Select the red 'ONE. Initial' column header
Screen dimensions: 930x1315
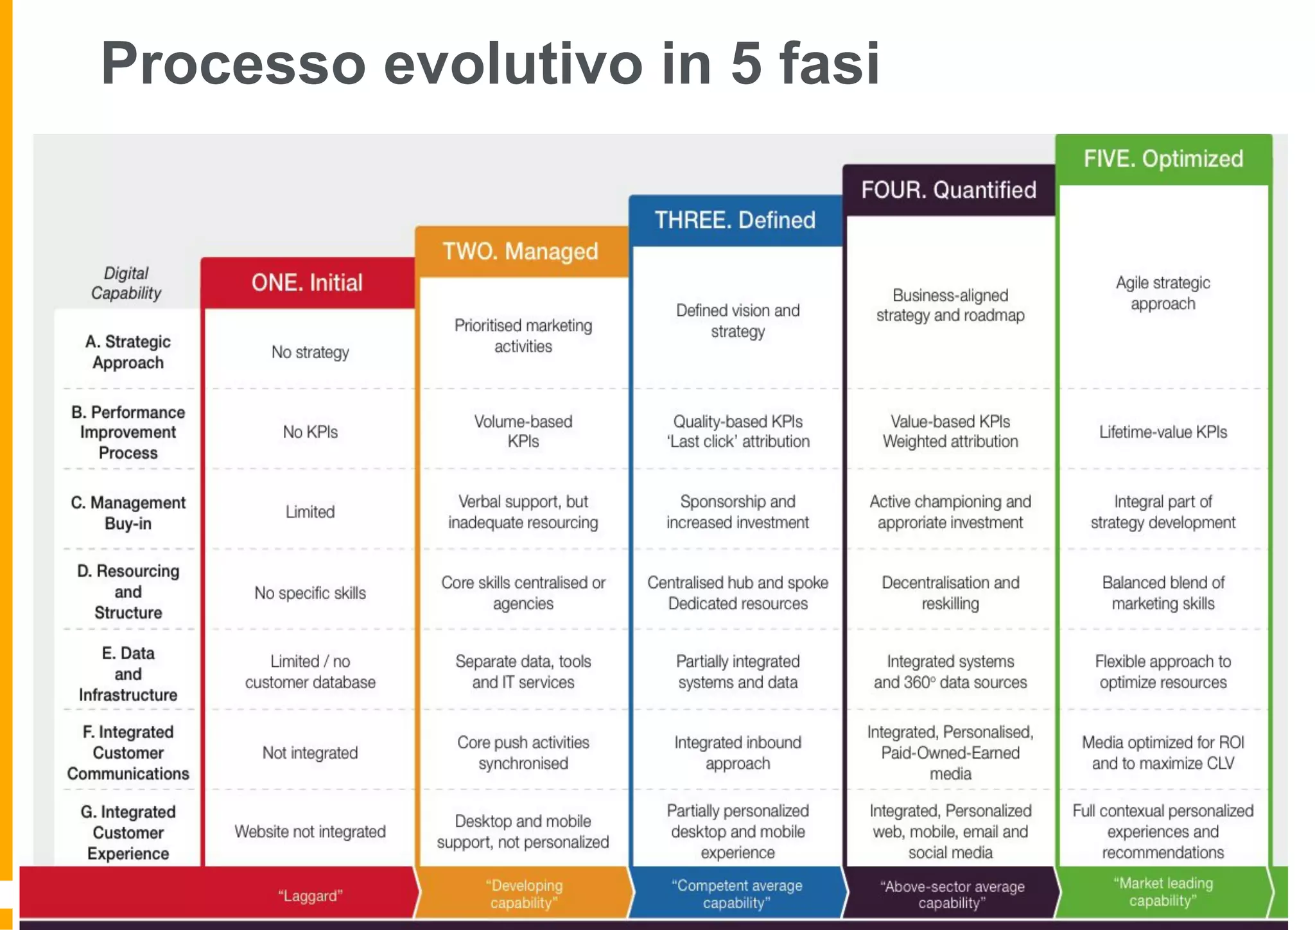coord(307,282)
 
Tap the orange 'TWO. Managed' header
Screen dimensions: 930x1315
coord(520,251)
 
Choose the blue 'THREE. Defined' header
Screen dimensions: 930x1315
coord(735,220)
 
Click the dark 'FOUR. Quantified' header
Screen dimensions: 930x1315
coord(948,190)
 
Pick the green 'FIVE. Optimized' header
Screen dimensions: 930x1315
coord(1163,159)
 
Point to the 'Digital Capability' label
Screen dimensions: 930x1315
coord(126,283)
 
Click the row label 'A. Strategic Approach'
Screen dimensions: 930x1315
coord(128,352)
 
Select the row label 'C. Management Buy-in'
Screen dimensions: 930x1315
coord(128,512)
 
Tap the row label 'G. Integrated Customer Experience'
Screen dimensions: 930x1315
coord(128,832)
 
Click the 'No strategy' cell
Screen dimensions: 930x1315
coord(310,352)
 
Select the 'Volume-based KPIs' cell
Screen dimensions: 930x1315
coord(523,431)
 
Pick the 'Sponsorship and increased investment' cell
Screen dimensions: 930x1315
coord(737,512)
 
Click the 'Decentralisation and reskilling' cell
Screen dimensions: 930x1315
coord(950,592)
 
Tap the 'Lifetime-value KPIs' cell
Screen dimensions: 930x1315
coord(1163,432)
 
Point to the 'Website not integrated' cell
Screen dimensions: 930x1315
coord(310,832)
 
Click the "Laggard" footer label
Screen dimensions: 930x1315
coord(310,896)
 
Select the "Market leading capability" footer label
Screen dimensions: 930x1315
coord(1163,892)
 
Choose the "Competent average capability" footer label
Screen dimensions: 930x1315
coord(736,894)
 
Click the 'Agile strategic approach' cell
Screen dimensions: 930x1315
coord(1163,293)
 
